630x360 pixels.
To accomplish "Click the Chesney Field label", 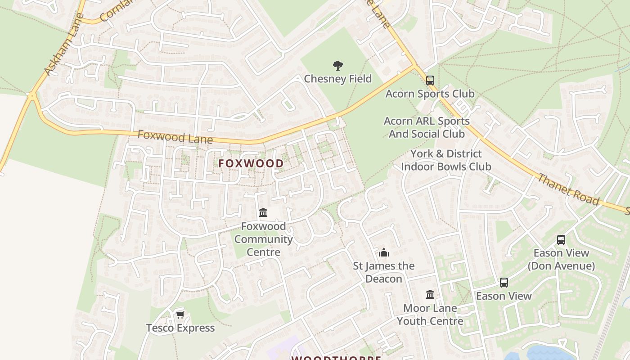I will (x=338, y=79).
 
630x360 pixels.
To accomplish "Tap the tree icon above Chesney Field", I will (x=338, y=66).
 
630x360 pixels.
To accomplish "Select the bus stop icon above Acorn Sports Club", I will (x=430, y=81).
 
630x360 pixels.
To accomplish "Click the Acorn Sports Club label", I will (x=430, y=94).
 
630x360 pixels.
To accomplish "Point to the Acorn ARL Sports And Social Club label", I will (x=427, y=127).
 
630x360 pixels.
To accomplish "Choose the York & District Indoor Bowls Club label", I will (x=446, y=160).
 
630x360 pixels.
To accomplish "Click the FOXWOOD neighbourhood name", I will (x=251, y=163).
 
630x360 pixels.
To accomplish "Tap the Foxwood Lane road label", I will (x=175, y=137).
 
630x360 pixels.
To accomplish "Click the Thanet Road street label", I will (x=568, y=189).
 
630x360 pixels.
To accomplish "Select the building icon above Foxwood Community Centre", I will (x=263, y=212).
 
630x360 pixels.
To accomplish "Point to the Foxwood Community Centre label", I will (x=263, y=239).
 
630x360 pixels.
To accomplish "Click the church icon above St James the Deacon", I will (x=384, y=252).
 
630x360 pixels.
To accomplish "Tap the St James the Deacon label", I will (x=384, y=272).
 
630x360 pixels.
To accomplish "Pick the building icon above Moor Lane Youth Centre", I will (x=430, y=295).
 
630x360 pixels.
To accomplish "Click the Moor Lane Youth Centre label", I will (x=430, y=315).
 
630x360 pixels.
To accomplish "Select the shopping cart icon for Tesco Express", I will (x=180, y=315).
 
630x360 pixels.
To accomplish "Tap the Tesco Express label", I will (x=180, y=328).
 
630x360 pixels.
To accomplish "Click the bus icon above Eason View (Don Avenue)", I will (x=561, y=240).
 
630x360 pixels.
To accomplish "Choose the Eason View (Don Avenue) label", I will (x=561, y=259).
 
